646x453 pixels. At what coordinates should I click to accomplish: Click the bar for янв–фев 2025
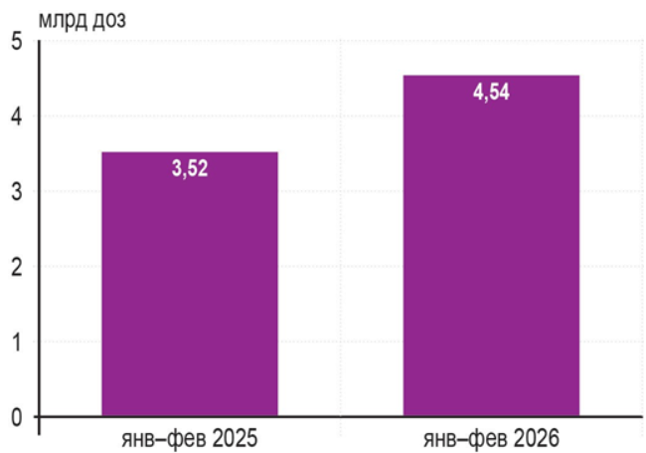coord(190,284)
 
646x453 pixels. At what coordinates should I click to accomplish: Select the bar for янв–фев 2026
coord(491,246)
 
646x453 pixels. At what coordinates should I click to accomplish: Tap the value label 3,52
coord(190,168)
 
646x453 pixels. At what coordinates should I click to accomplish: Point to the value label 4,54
coord(491,92)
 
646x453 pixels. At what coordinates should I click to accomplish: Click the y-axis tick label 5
coord(17,41)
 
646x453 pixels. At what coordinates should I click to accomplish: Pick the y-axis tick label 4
coord(17,116)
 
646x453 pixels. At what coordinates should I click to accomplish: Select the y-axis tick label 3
coord(17,192)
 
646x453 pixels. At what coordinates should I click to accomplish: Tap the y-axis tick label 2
coord(17,268)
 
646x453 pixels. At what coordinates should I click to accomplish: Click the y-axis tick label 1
coord(17,342)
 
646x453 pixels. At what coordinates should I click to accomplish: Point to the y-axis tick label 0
coord(17,417)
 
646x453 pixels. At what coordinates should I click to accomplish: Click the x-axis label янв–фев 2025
coord(190,438)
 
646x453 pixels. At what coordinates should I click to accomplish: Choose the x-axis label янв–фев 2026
coord(491,438)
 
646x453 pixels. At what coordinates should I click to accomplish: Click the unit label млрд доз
coord(81,21)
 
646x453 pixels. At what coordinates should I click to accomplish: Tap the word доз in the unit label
coord(108,21)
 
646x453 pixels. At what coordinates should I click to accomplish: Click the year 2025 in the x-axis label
coord(234,438)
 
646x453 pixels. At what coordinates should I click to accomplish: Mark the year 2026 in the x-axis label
coord(536,438)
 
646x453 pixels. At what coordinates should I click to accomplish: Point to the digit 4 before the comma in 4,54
coord(479,92)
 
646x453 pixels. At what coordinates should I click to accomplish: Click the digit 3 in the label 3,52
coord(177,168)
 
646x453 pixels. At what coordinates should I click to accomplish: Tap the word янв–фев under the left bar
coord(163,439)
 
